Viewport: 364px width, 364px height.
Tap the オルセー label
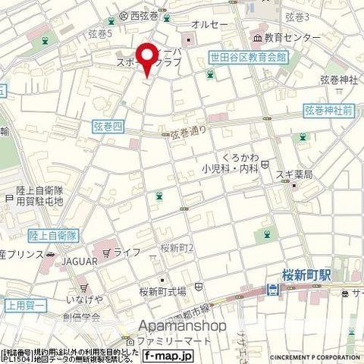point(206,24)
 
